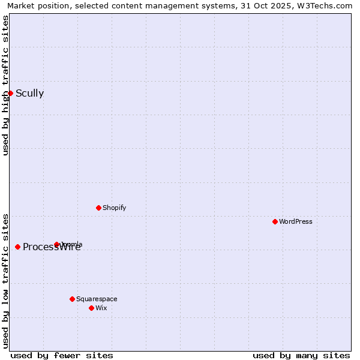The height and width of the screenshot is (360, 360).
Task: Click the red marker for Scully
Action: click(10, 93)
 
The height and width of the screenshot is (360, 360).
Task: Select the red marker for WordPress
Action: click(275, 221)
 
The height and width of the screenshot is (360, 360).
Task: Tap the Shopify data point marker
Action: click(98, 208)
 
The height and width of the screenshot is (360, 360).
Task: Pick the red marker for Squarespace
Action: click(72, 299)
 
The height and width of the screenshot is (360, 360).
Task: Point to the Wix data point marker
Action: click(91, 308)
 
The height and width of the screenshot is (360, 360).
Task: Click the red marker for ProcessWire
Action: click(17, 247)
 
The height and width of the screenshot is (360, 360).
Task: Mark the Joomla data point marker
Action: click(56, 244)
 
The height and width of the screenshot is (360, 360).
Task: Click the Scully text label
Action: click(29, 93)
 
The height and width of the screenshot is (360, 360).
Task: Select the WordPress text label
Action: click(295, 221)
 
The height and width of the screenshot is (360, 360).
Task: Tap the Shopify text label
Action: click(114, 208)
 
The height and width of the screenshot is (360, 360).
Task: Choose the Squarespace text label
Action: click(97, 299)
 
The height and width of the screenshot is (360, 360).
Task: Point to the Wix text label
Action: click(101, 308)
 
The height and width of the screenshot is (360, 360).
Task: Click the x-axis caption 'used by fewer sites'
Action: click(62, 355)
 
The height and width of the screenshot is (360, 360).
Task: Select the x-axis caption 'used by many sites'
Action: click(301, 355)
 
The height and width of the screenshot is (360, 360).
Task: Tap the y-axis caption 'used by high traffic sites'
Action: click(5, 85)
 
